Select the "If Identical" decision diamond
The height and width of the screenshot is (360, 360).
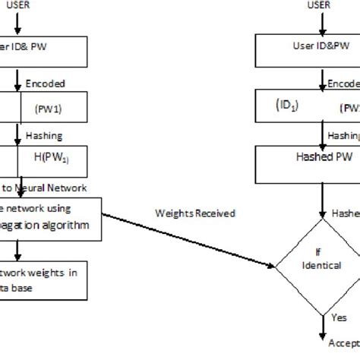pyautogui.click(x=319, y=261)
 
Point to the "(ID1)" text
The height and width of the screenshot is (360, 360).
pyautogui.click(x=287, y=106)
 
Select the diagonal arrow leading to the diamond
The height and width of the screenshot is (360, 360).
pyautogui.click(x=190, y=239)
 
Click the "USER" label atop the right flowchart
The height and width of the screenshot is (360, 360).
pyautogui.click(x=320, y=5)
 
